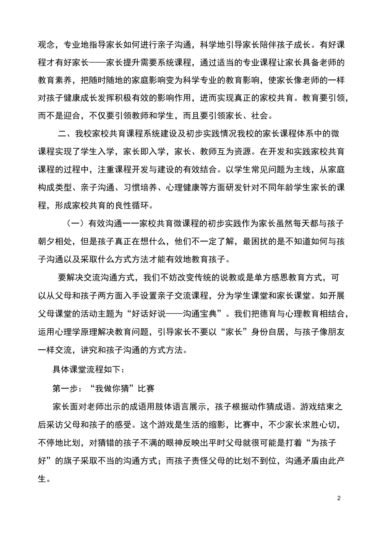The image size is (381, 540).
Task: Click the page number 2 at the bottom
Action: coord(339,499)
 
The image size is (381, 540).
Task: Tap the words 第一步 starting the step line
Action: coord(63,389)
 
